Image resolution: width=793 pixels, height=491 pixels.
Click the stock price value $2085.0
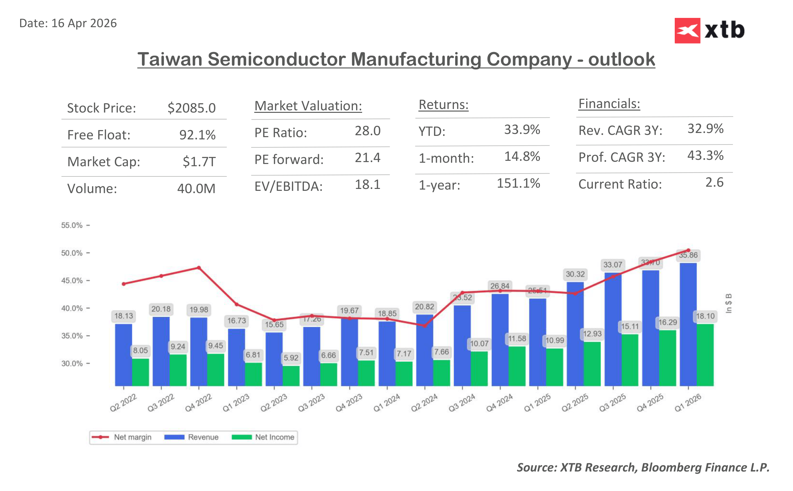tap(191, 108)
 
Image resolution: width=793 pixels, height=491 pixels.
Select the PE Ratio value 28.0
tap(367, 131)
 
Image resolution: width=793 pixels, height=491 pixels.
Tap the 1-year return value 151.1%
tap(518, 183)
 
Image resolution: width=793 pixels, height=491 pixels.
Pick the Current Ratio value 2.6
tap(714, 183)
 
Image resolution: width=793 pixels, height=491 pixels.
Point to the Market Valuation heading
tap(308, 106)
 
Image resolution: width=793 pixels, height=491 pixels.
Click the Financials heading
tap(609, 104)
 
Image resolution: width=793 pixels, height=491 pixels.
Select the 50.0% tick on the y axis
tap(72, 253)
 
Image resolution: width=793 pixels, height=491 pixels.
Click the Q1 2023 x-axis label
tap(236, 403)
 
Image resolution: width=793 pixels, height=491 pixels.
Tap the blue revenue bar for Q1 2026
tap(688, 325)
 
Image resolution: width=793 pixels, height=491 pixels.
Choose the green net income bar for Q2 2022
tap(140, 372)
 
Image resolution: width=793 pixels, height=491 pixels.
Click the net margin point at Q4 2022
tap(199, 268)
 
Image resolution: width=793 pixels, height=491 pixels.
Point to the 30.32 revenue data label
tap(575, 274)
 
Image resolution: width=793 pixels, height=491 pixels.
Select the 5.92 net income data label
tap(291, 358)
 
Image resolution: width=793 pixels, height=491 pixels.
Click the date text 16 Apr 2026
tap(84, 23)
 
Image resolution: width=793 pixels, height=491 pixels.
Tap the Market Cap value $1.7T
tap(199, 161)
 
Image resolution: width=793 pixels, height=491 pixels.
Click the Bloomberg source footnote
tap(643, 467)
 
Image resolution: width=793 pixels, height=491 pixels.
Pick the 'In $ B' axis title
tap(728, 303)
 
